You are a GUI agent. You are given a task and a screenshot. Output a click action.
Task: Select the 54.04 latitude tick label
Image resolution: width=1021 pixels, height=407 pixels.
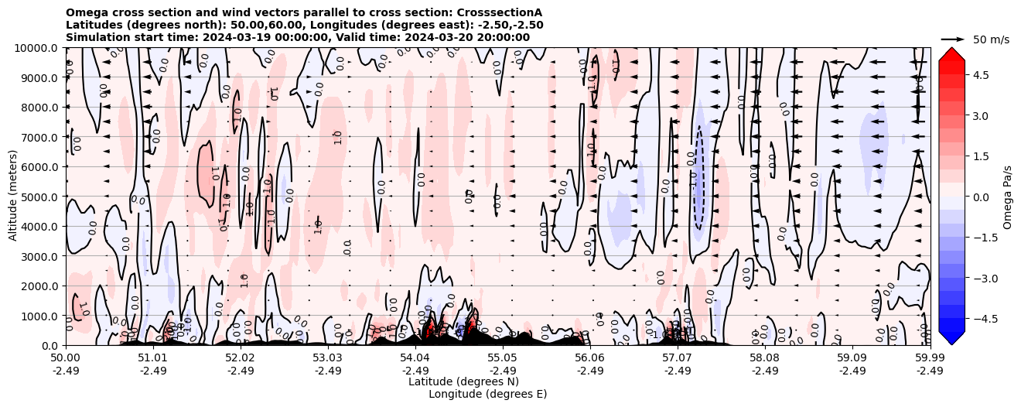point(415,358)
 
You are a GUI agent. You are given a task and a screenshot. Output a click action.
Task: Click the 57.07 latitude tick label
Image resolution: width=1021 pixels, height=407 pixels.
point(678,358)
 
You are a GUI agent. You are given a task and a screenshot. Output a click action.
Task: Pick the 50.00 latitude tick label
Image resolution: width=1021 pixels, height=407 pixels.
point(66,358)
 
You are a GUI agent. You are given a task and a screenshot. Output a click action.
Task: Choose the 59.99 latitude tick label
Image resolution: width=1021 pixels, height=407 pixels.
point(930,358)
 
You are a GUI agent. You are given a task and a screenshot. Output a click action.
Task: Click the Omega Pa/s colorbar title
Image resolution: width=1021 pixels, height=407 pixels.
point(1008,197)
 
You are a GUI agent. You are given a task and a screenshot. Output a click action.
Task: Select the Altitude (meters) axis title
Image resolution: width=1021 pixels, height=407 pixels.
point(13,197)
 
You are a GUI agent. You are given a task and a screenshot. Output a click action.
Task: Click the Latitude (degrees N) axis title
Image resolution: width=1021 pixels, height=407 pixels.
point(463,381)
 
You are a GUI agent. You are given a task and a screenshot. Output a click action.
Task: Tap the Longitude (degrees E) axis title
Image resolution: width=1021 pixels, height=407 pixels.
point(487,394)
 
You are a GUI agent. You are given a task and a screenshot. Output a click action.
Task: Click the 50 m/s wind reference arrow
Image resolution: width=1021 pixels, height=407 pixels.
point(952,39)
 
